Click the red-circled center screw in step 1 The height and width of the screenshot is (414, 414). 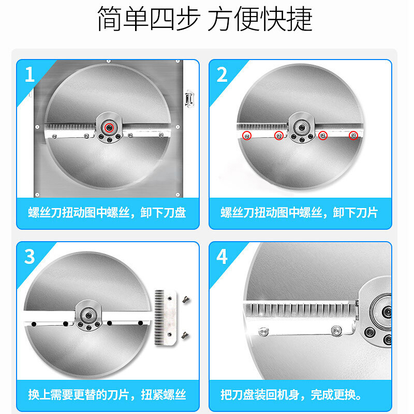tap(109, 128)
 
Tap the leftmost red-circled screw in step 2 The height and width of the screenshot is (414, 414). tap(247, 136)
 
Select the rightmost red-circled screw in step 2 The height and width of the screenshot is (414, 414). tap(353, 136)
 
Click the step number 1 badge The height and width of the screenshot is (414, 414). tap(29, 74)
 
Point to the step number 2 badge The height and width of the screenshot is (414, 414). tap(222, 74)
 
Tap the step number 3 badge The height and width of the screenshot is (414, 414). tap(29, 256)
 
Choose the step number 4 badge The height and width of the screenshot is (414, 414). tap(222, 256)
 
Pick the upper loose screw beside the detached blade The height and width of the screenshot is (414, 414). tap(186, 300)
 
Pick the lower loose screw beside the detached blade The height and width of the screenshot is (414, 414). tap(185, 335)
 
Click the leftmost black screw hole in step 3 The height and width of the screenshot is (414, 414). tap(34, 324)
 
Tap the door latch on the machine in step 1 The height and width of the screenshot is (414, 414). tap(189, 98)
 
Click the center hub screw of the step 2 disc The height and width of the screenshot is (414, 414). tap(302, 128)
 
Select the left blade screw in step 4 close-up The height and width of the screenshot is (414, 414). tap(263, 331)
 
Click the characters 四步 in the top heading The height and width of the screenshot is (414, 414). tap(175, 19)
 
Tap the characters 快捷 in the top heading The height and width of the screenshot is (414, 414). tap(287, 19)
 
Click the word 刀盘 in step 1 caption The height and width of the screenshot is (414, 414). tap(174, 213)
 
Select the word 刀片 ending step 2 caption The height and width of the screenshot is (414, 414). tap(366, 213)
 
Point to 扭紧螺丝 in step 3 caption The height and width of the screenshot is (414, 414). tap(164, 395)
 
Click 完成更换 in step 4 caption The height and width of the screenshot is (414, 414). tap(333, 395)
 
